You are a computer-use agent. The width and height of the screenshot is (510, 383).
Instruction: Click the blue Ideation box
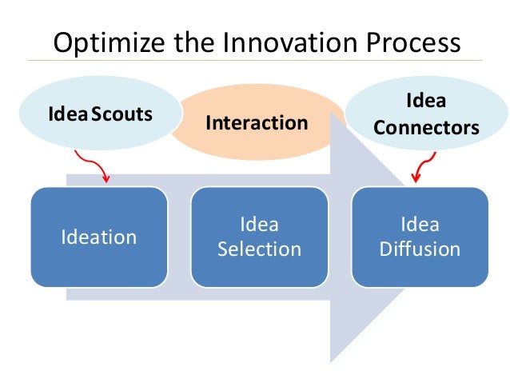point(99,237)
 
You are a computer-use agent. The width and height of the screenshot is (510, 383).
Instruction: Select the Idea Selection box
point(259,237)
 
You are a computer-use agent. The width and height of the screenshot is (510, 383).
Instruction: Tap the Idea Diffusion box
point(420,237)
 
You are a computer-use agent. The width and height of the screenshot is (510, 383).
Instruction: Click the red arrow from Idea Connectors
point(418,166)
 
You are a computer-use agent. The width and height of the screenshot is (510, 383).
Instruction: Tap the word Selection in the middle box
point(259,249)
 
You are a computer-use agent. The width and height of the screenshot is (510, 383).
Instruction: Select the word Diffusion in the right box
point(420,249)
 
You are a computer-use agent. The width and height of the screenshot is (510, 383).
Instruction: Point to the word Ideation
point(99,237)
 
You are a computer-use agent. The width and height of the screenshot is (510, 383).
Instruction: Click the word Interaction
point(257,123)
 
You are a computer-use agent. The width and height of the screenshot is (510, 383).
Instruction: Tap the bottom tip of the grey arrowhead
point(333,360)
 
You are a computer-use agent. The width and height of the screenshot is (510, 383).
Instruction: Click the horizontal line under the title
point(255,61)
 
